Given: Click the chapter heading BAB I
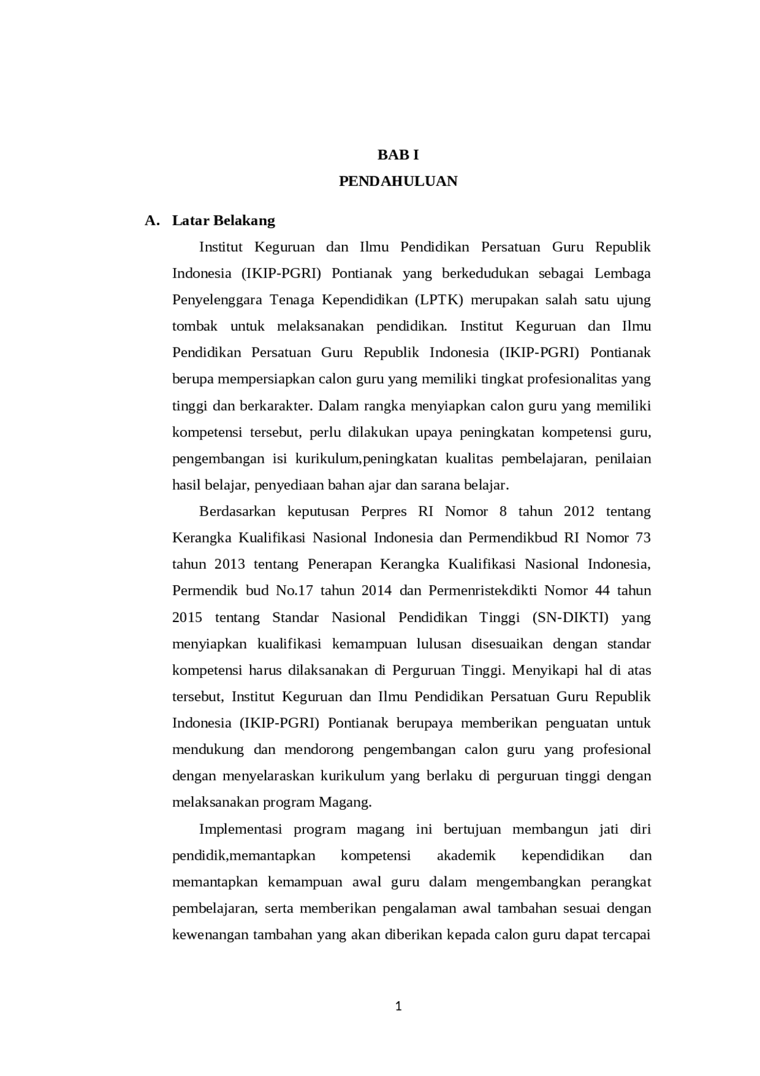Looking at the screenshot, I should (x=398, y=155).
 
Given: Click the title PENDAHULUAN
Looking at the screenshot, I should (x=398, y=181).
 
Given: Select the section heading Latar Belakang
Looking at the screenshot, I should (x=223, y=220).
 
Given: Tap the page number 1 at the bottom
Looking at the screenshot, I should (x=398, y=1006).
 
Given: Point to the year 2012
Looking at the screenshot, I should (x=578, y=512).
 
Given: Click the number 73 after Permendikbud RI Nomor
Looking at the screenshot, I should (x=642, y=538).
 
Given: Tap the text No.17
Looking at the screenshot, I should (x=294, y=591).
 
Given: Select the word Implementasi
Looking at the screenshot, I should (x=240, y=829).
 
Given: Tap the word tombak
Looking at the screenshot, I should (x=194, y=326).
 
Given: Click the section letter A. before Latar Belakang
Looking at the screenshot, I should (x=152, y=220).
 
